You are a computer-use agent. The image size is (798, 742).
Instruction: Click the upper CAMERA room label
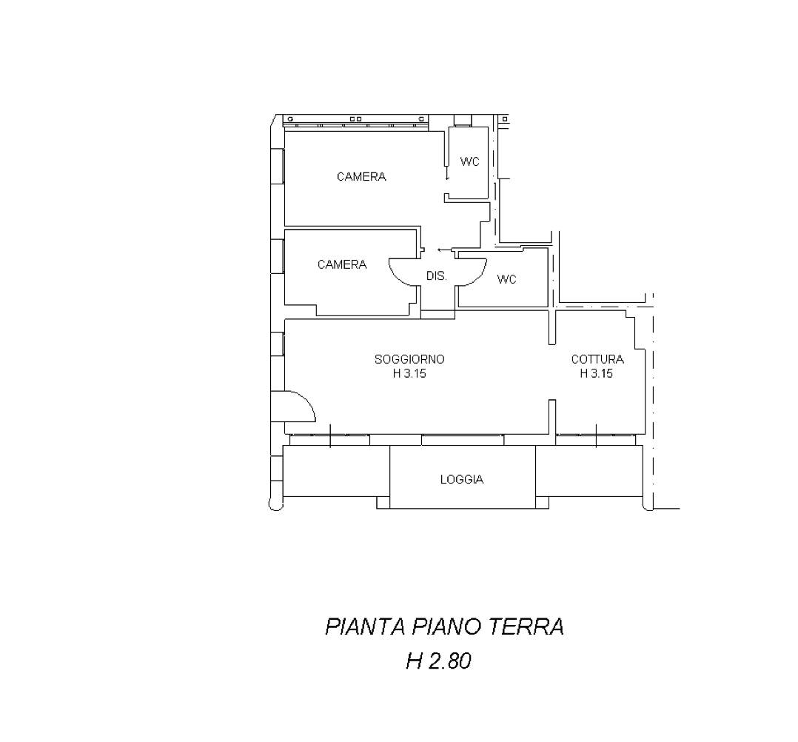click(x=361, y=177)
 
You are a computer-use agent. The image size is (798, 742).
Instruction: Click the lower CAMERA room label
click(x=342, y=264)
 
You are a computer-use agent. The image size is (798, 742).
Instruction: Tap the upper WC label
click(x=470, y=161)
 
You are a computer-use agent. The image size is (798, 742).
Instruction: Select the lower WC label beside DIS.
click(x=506, y=279)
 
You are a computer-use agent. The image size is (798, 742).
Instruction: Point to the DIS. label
click(x=437, y=276)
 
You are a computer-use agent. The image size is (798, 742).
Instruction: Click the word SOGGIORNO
click(x=409, y=359)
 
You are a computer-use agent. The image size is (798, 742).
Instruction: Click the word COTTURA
click(x=597, y=359)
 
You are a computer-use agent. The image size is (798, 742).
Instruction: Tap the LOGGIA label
click(x=462, y=479)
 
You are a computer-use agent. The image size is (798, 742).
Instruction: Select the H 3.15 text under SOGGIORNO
click(x=409, y=373)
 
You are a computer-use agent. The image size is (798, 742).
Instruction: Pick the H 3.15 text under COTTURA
click(x=597, y=373)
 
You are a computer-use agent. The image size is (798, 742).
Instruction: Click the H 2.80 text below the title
click(x=439, y=661)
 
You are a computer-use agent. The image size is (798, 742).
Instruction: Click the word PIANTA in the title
click(x=365, y=626)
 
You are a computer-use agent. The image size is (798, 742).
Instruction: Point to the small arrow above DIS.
click(x=445, y=250)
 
